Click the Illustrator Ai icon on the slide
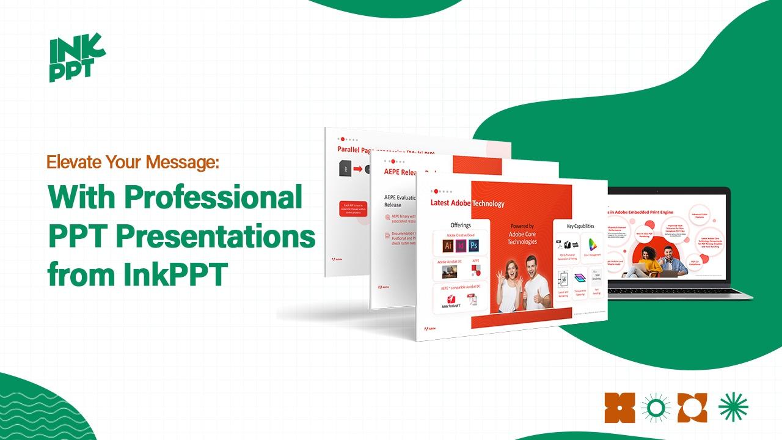tap(448, 246)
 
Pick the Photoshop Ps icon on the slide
tap(473, 246)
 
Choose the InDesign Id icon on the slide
tap(461, 246)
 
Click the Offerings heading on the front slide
tap(460, 225)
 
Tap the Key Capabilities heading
tap(580, 226)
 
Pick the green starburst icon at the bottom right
tap(733, 408)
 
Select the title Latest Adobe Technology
tap(467, 204)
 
